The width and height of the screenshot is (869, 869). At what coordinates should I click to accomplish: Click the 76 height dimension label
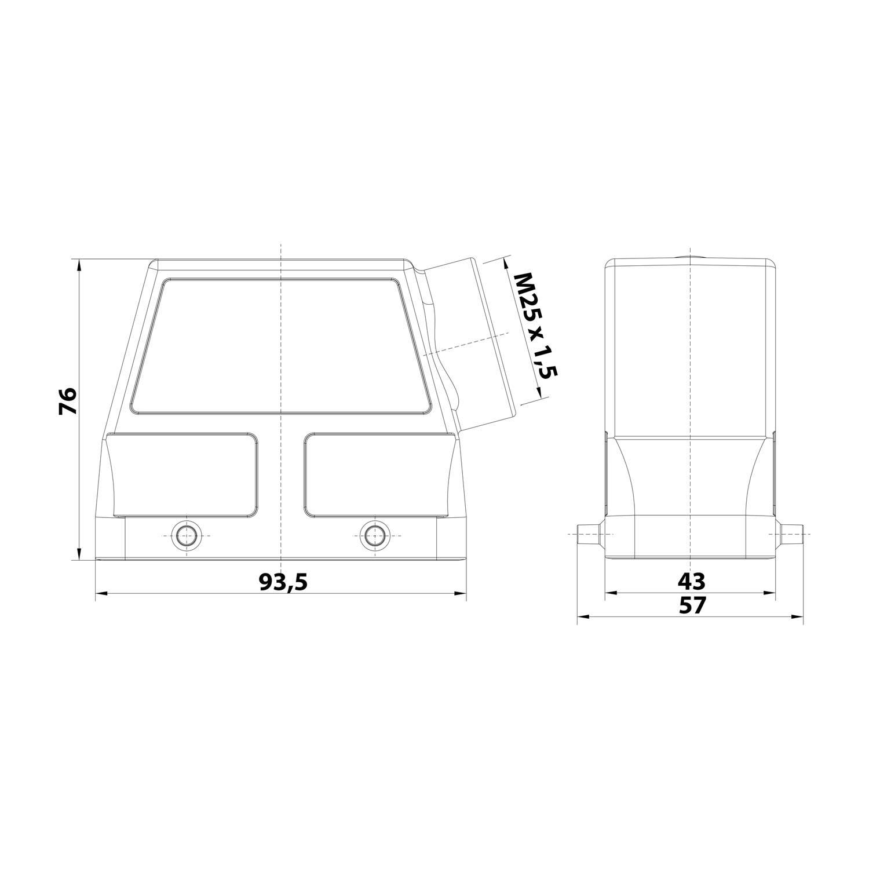(x=68, y=400)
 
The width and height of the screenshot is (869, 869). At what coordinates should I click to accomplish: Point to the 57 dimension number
(x=692, y=605)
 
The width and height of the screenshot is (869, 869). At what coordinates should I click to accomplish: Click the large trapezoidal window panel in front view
(x=282, y=346)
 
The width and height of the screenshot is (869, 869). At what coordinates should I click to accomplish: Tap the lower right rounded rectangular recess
(x=377, y=473)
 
